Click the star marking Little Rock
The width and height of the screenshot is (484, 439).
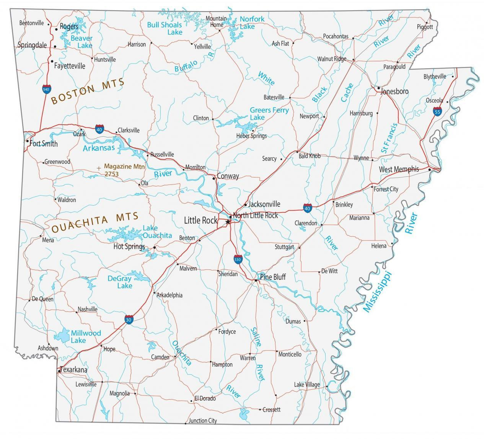click(x=228, y=222)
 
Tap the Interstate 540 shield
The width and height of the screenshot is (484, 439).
click(x=46, y=89)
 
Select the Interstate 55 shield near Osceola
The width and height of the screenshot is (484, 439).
click(x=437, y=111)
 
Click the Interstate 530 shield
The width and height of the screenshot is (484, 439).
click(x=238, y=259)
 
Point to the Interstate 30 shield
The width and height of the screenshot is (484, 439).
click(x=129, y=320)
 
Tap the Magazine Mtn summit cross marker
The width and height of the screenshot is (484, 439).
click(x=99, y=168)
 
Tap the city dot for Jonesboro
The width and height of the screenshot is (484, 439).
click(x=378, y=88)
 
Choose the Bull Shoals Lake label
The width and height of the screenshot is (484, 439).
click(x=165, y=28)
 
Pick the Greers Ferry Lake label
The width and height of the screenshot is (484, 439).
click(x=269, y=113)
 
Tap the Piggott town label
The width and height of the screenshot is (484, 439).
click(x=425, y=27)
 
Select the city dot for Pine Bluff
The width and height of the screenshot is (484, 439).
click(x=256, y=281)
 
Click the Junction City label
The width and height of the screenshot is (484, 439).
click(x=202, y=421)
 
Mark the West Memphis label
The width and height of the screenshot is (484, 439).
click(x=399, y=169)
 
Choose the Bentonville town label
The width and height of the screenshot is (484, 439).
click(x=31, y=23)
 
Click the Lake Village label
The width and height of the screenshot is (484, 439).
click(x=306, y=384)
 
